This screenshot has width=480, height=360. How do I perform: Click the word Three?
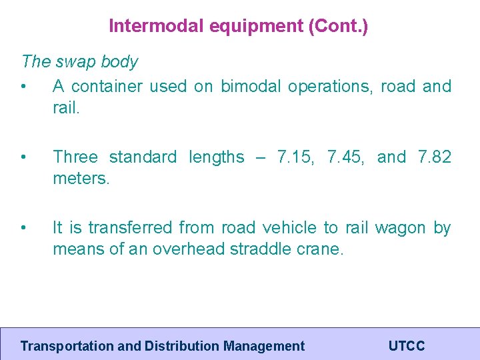pyautogui.click(x=75, y=157)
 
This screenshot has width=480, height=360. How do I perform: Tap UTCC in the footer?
pyautogui.click(x=406, y=346)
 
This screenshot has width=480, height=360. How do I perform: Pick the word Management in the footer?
pyautogui.click(x=264, y=346)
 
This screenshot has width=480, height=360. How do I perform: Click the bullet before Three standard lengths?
pyautogui.click(x=23, y=157)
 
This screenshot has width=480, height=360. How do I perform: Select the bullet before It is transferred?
pyautogui.click(x=23, y=228)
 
